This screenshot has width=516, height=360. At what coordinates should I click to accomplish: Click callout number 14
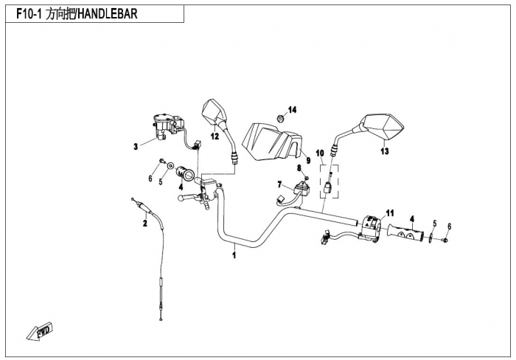292,110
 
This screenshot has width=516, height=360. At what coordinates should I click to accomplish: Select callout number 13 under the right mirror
384,152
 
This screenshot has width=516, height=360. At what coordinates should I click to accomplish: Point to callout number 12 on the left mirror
214,136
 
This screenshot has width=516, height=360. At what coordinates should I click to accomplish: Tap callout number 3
136,147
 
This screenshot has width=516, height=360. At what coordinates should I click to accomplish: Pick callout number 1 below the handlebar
234,256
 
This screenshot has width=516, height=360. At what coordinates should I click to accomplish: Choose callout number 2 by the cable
145,223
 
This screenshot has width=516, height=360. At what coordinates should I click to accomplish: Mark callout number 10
320,153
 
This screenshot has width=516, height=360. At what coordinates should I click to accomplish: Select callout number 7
279,184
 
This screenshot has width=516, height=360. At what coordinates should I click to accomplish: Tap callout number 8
299,168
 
